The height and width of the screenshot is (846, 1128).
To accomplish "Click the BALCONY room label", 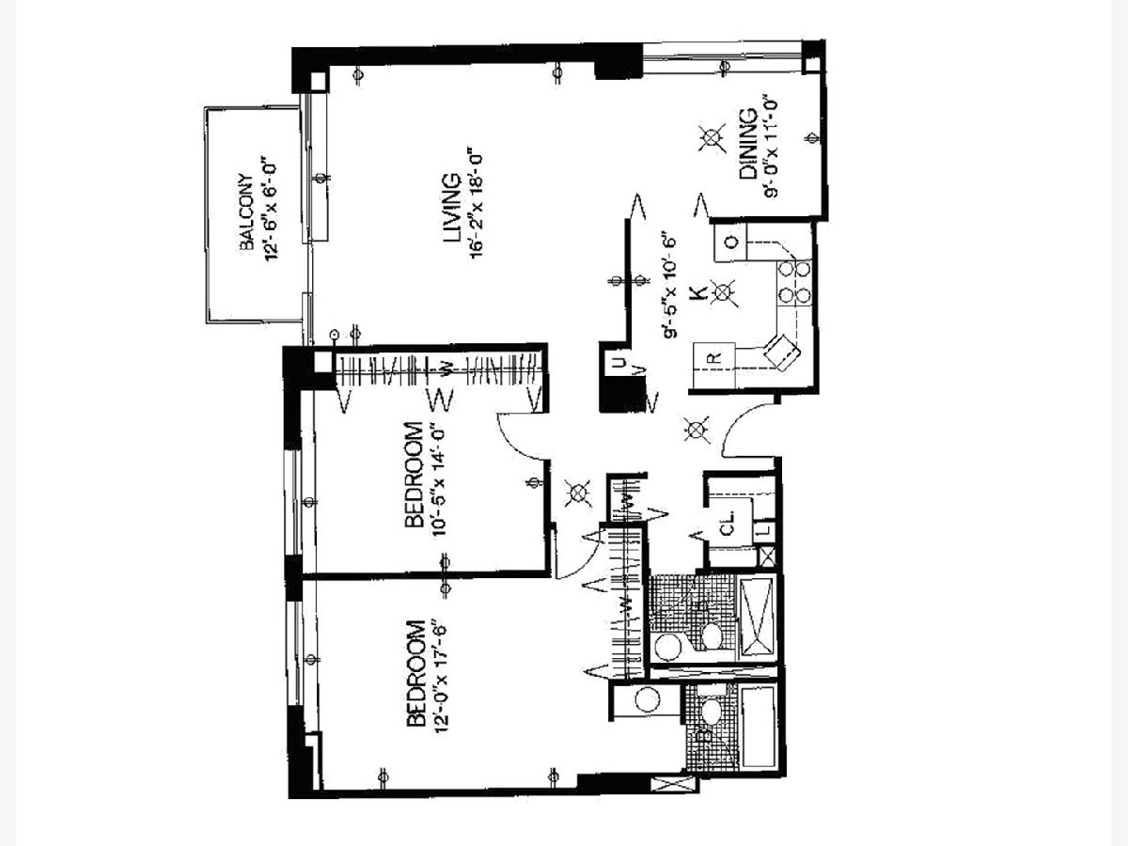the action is pos(247,212).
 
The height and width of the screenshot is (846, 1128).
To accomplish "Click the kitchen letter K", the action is pos(697,293).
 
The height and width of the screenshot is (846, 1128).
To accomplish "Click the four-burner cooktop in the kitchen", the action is pos(794,282).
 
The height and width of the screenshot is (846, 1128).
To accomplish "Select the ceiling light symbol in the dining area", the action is pos(712,137).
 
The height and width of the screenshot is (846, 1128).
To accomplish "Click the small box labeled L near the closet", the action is pos(766,529).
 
